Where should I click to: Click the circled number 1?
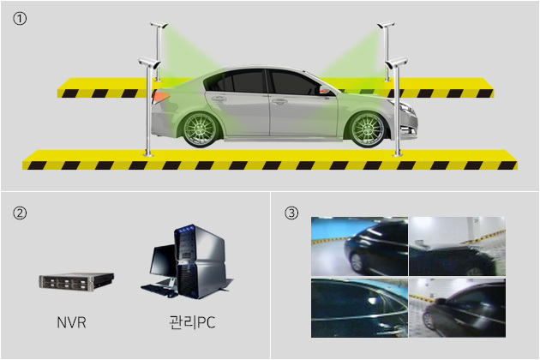click(20, 19)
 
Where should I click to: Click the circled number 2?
click(20, 213)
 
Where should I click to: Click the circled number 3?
click(291, 213)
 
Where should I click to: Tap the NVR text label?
click(71, 322)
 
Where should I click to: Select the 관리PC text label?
click(192, 322)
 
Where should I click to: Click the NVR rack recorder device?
click(76, 281)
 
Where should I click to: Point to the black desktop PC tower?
click(200, 261)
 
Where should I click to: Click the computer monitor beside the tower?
click(163, 263)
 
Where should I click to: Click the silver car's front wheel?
click(368, 129)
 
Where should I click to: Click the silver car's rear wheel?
click(200, 129)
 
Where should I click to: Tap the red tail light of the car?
click(160, 97)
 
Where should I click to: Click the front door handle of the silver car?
click(279, 102)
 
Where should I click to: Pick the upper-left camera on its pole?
click(159, 25)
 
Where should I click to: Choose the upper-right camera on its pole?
click(386, 25)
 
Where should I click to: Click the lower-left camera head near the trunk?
click(149, 63)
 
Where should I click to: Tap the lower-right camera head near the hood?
click(396, 63)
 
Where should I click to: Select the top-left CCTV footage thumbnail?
click(359, 246)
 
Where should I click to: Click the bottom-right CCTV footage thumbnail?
click(458, 308)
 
